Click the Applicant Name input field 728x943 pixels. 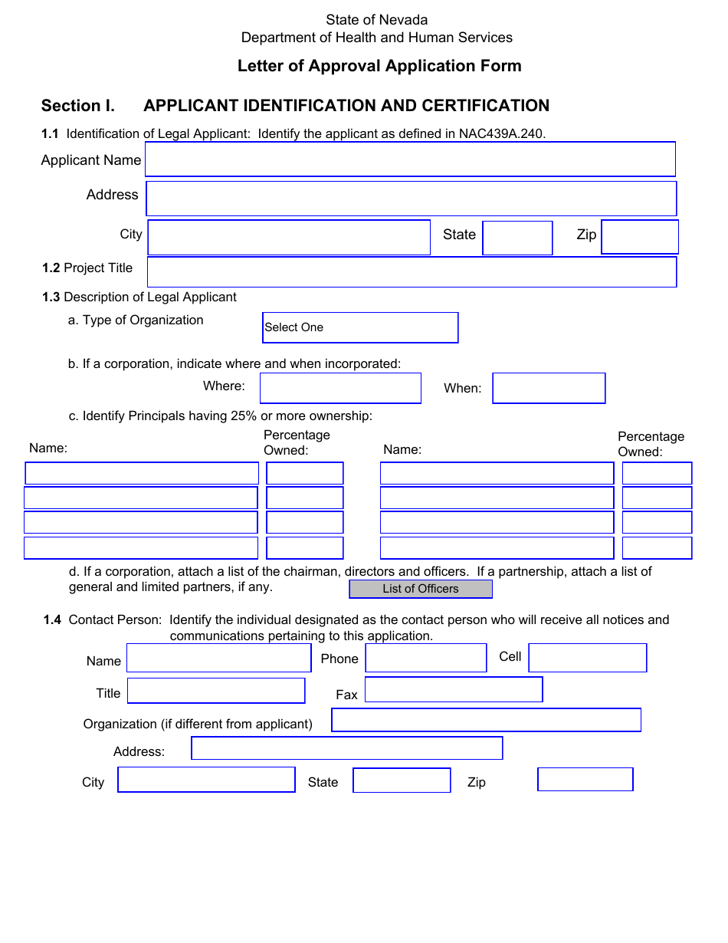(x=410, y=159)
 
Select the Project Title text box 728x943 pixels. (x=412, y=272)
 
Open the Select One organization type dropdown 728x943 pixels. (x=360, y=327)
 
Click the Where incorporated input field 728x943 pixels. (x=340, y=388)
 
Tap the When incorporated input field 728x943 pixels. (x=549, y=388)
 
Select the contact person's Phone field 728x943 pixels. (x=426, y=658)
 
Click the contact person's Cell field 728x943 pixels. (x=588, y=658)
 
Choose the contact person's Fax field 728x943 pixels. (x=454, y=689)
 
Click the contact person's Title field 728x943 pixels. (x=216, y=691)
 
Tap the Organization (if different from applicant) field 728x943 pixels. (x=486, y=720)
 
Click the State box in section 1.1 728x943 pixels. (x=517, y=238)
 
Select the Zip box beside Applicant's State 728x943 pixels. (x=640, y=237)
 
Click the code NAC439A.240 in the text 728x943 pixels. (x=501, y=133)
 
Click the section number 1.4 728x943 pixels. (x=52, y=619)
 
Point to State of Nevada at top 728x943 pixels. (x=377, y=20)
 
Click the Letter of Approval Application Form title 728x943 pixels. (x=379, y=66)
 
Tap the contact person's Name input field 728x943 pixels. (x=219, y=658)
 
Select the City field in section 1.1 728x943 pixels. (x=289, y=238)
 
